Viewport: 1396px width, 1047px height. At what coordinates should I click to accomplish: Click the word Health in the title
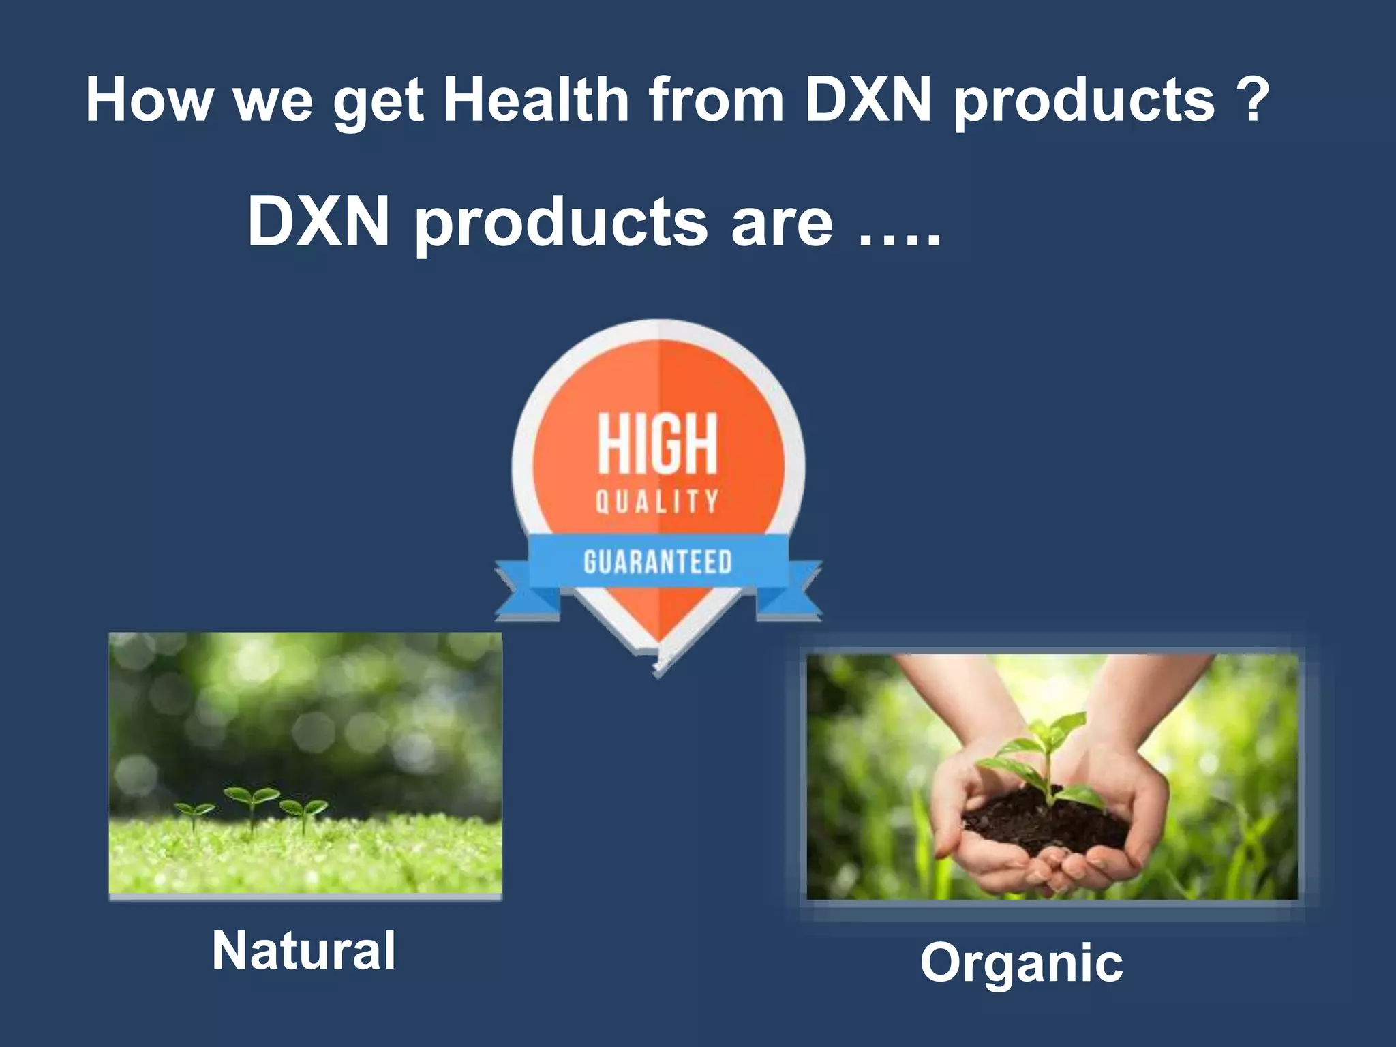click(536, 100)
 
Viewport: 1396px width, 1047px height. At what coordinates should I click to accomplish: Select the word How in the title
click(149, 100)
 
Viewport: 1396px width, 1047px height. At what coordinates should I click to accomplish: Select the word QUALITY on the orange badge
click(658, 502)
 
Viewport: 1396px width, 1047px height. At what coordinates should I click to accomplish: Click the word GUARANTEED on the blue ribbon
click(658, 562)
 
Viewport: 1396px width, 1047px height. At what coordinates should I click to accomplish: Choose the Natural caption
click(304, 950)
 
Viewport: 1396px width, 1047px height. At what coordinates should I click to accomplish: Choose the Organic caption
click(1021, 962)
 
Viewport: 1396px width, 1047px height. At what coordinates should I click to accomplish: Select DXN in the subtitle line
click(318, 222)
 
